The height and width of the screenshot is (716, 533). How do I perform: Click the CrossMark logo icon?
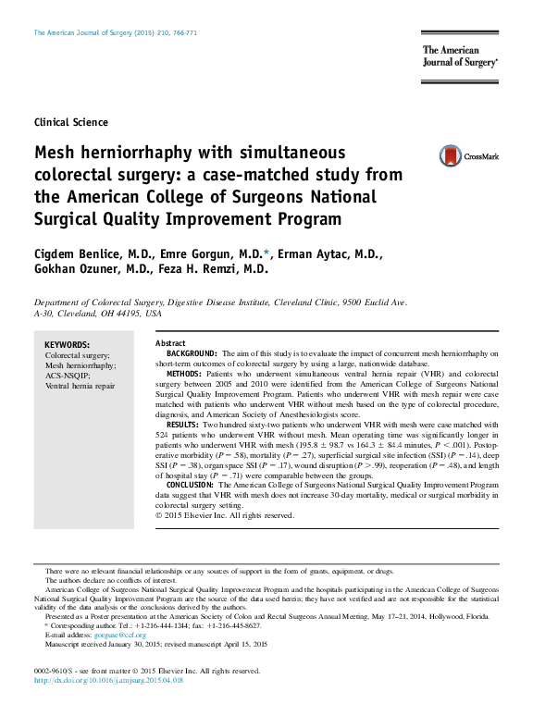[451, 155]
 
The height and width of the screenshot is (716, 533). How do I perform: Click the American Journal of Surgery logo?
[460, 58]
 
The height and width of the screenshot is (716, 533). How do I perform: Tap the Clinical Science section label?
[70, 122]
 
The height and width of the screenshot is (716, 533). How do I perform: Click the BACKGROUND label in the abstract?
[192, 353]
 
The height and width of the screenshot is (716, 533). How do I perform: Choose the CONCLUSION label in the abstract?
[192, 485]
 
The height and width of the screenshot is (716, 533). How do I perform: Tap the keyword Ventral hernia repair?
[81, 385]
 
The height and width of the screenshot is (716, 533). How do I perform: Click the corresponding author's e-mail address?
[124, 636]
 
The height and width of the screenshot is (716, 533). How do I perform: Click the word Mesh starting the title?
[56, 152]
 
